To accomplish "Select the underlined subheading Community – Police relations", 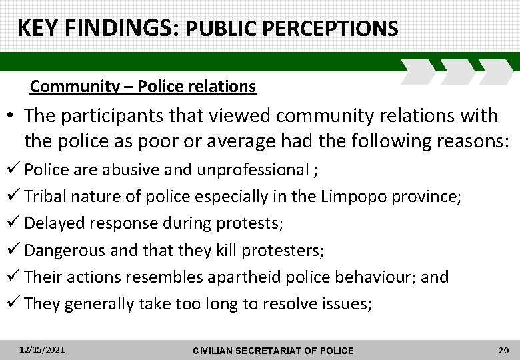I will coord(143,87).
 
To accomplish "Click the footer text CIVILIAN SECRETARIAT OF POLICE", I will coord(273,350).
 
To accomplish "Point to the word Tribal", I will coord(45,196).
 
